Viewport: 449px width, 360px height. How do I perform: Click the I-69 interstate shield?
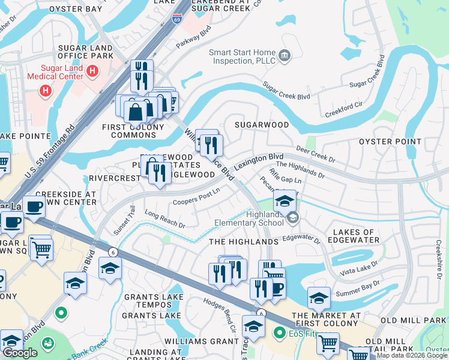click(x=176, y=20)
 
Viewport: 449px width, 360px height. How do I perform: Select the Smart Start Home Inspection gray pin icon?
click(x=285, y=56)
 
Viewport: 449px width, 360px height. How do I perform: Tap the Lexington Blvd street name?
click(x=259, y=161)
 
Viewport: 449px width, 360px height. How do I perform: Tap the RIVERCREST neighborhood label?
click(x=113, y=178)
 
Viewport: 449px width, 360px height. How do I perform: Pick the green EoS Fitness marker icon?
click(x=279, y=332)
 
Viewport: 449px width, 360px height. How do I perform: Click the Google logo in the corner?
click(x=20, y=353)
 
